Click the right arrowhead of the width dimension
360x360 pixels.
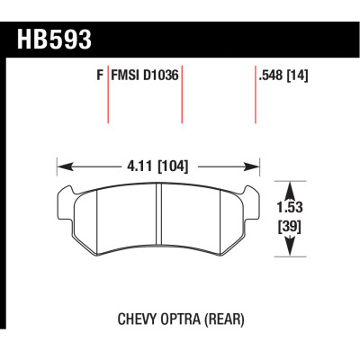[257, 166]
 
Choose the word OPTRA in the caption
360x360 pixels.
[181, 318]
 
